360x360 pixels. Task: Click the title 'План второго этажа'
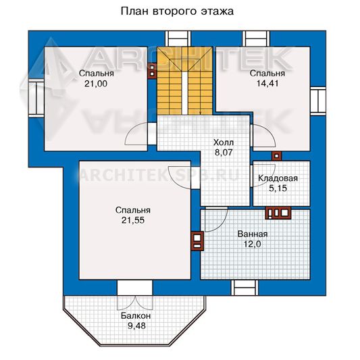coord(177,11)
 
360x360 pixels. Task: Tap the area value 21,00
coord(96,84)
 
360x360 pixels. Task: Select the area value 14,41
coord(267,83)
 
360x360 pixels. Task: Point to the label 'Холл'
coord(224,143)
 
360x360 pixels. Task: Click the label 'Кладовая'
coord(278,178)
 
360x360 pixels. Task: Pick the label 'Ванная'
coord(253,234)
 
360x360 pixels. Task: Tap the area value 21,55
coord(133,220)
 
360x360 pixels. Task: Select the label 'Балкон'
coord(136,316)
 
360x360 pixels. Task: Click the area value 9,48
coord(136,326)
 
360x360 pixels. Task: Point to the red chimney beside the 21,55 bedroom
coord(197,240)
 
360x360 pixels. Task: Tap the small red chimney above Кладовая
coord(277,156)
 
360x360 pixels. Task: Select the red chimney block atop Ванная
coord(278,213)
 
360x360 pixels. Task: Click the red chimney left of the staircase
coord(152,71)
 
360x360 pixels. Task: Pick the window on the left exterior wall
coord(36,98)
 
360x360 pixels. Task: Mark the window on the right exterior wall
coord(318,100)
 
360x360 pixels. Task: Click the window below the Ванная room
coord(245,288)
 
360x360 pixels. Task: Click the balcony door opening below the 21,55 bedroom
coord(135,288)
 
